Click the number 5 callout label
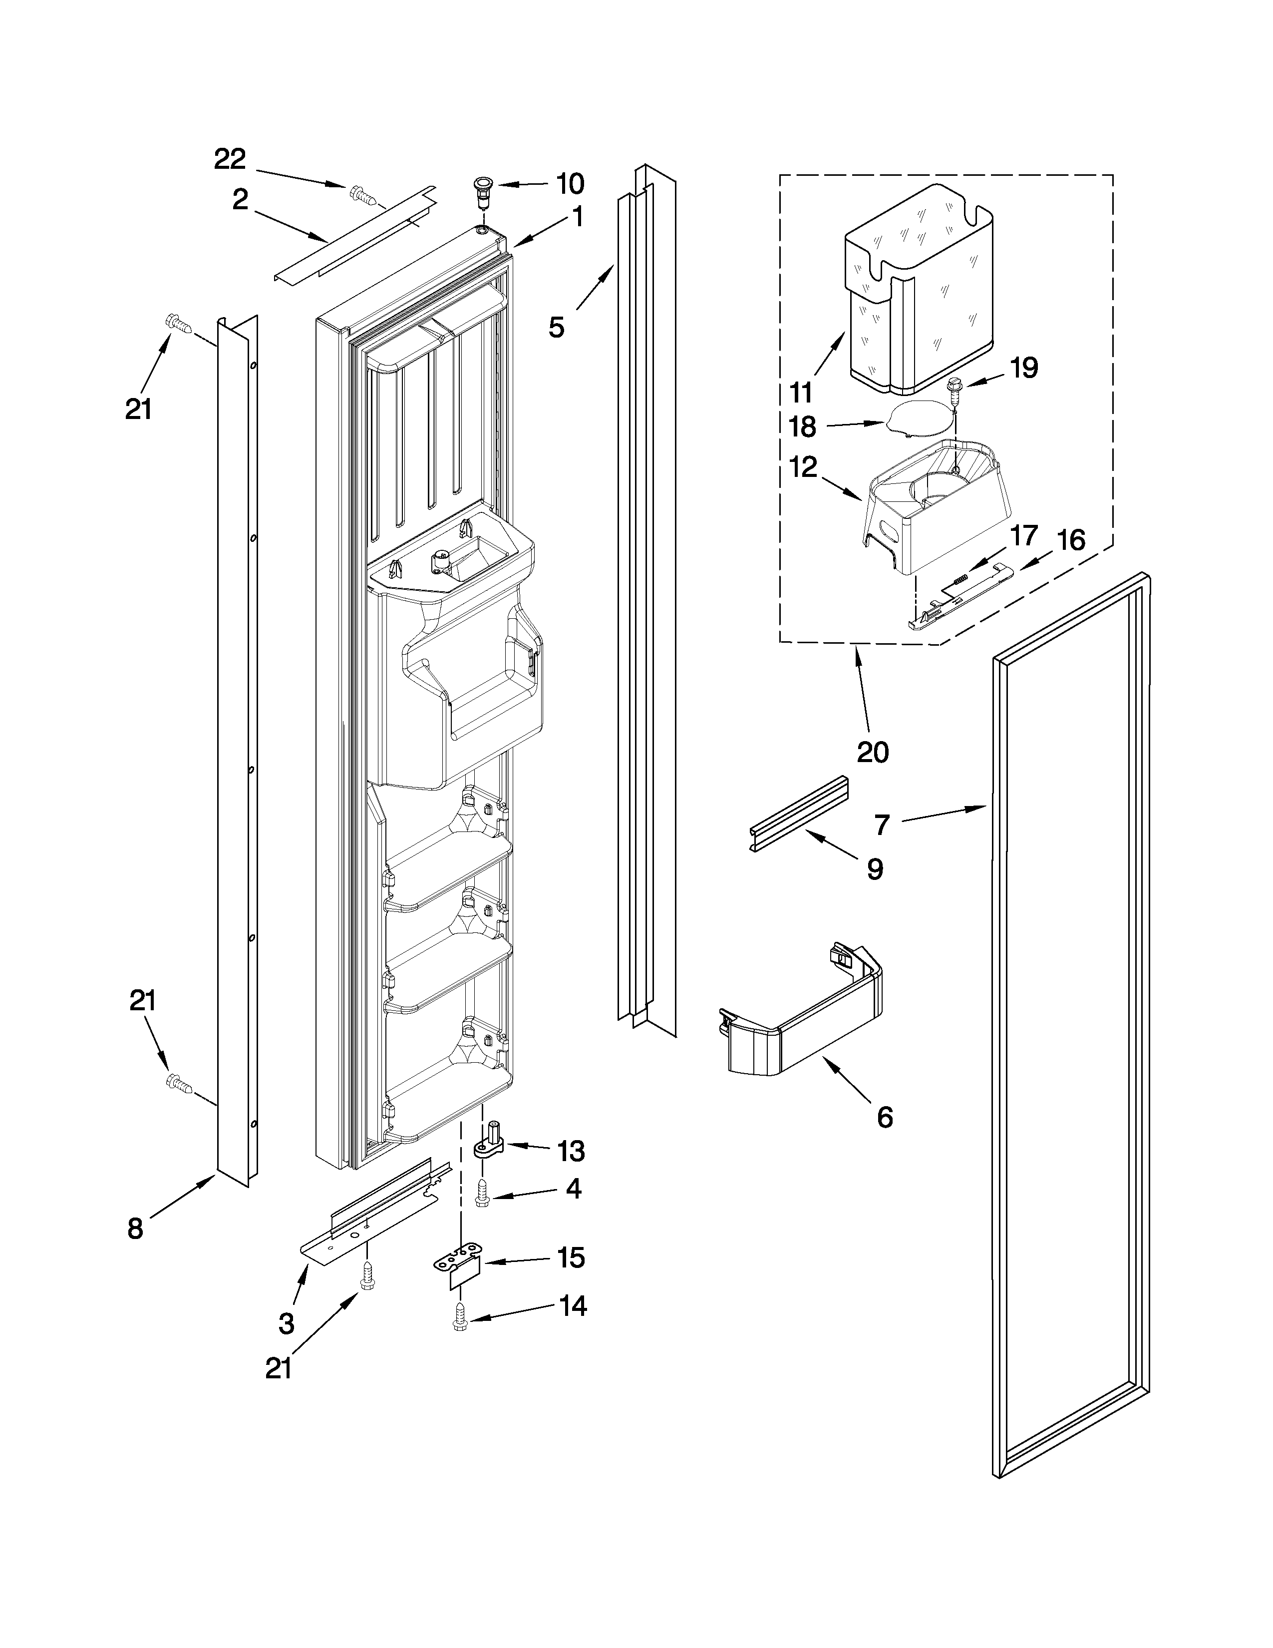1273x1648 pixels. click(x=557, y=328)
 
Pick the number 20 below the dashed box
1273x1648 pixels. click(x=873, y=752)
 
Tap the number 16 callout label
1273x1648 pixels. click(x=1071, y=540)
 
